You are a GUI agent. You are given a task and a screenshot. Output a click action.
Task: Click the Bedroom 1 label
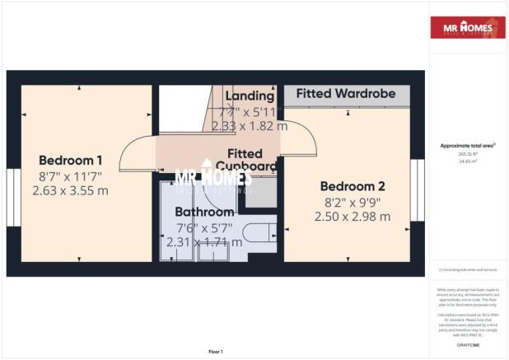(x=71, y=160)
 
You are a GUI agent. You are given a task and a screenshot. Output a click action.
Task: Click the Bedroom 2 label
(x=353, y=185)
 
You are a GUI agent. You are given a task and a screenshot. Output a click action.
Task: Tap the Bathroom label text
(x=204, y=212)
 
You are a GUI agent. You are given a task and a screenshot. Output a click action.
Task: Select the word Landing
(x=249, y=96)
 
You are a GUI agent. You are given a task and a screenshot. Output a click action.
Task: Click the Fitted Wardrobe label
(x=346, y=94)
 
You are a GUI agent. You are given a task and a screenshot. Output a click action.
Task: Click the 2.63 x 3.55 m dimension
(x=71, y=190)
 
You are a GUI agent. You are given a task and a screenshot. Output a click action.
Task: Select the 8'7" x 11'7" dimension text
(x=71, y=175)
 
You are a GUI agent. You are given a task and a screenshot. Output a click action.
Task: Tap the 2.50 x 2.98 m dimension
(x=353, y=216)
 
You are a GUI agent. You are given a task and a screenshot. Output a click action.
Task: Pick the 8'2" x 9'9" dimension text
(x=353, y=201)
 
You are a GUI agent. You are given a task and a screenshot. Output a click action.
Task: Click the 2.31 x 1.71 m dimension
(x=204, y=242)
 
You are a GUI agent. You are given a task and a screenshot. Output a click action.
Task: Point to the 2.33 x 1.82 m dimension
(x=250, y=126)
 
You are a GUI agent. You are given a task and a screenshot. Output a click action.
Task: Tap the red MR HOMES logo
(x=467, y=28)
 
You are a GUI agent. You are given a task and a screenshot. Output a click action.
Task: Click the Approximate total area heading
(x=467, y=145)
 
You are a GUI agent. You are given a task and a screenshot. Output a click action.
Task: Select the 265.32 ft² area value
(x=467, y=153)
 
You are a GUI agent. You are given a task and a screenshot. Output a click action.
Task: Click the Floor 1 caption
(x=215, y=351)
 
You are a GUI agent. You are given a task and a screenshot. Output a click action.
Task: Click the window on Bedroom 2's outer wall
(x=418, y=190)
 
